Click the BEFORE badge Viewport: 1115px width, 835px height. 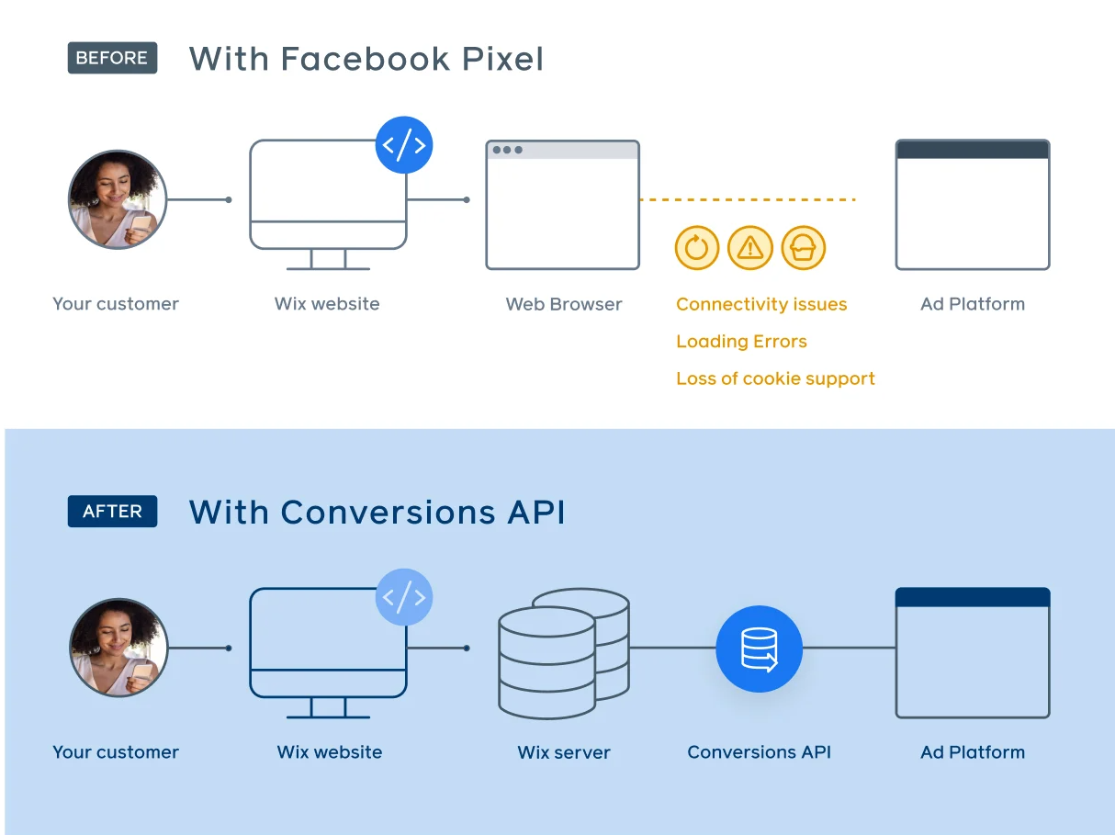pos(112,58)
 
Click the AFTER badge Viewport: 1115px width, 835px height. pos(112,512)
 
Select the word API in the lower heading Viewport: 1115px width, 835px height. pos(534,512)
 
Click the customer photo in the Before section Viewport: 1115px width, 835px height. pos(118,199)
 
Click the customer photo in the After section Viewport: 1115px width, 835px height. pos(118,648)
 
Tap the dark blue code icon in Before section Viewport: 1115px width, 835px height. pos(404,145)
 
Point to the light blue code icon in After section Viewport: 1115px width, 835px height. pos(404,597)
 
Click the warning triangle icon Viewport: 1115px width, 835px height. pos(750,247)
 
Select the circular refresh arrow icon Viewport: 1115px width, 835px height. pos(697,247)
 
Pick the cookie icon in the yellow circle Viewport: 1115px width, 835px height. pos(804,247)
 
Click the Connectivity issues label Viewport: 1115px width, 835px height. pos(761,304)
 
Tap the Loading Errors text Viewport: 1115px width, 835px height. pos(741,342)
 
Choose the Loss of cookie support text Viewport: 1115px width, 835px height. pos(775,378)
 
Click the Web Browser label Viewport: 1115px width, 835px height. pos(564,304)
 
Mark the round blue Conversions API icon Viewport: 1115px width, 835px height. pos(760,649)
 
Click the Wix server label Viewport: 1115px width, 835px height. pos(564,752)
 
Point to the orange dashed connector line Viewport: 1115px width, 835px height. pos(748,199)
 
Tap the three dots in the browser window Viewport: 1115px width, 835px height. pos(507,150)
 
